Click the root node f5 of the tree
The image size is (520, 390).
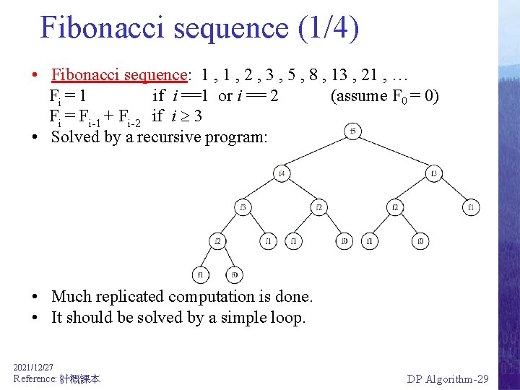352,131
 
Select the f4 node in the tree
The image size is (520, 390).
282,173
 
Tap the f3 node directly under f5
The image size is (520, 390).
434,173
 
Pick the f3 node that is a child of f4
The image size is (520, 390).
243,208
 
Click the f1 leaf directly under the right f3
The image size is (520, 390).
471,208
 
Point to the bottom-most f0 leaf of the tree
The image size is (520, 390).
234,274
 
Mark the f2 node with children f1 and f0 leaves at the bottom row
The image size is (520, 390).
217,240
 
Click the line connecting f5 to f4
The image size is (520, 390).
318,152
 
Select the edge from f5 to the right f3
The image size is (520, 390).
394,152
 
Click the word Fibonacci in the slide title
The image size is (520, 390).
94,27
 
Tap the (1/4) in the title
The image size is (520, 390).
324,27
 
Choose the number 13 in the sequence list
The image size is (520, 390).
329,74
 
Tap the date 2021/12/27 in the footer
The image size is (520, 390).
33,368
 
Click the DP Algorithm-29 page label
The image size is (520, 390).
448,379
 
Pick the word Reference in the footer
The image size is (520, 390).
35,379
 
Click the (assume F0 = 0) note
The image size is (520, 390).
384,96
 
